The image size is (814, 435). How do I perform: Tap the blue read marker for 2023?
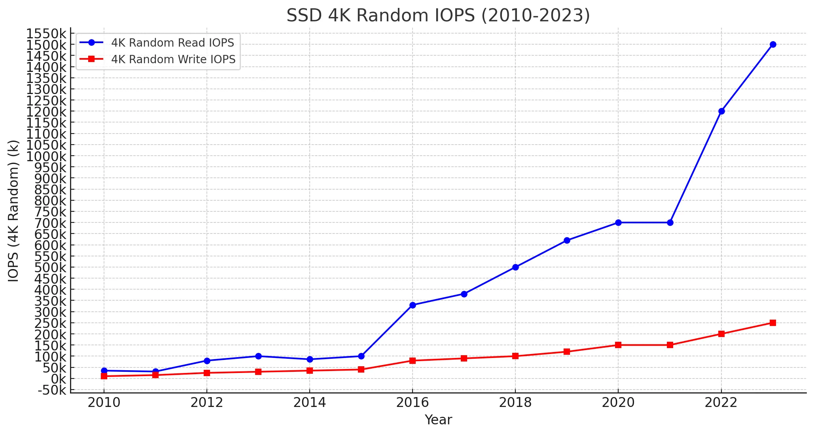click(773, 44)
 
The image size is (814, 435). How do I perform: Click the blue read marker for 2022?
click(721, 111)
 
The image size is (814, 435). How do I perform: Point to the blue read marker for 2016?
click(413, 305)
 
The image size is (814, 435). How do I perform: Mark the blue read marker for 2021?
click(670, 222)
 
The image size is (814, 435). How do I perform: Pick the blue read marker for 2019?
click(567, 240)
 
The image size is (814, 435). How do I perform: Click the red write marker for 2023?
click(773, 323)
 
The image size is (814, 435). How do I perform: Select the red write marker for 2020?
click(618, 345)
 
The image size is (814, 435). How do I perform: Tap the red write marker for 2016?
click(413, 360)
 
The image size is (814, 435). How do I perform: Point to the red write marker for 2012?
click(207, 373)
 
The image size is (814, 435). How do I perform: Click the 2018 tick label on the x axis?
click(515, 403)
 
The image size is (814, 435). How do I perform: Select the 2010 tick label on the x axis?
click(104, 403)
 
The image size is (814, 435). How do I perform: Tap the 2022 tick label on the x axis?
click(721, 403)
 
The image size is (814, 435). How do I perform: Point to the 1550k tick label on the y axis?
click(46, 34)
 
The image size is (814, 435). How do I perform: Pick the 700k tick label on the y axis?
click(50, 223)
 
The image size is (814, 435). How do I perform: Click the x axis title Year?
click(438, 420)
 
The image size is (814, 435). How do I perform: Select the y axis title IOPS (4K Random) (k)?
click(14, 211)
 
